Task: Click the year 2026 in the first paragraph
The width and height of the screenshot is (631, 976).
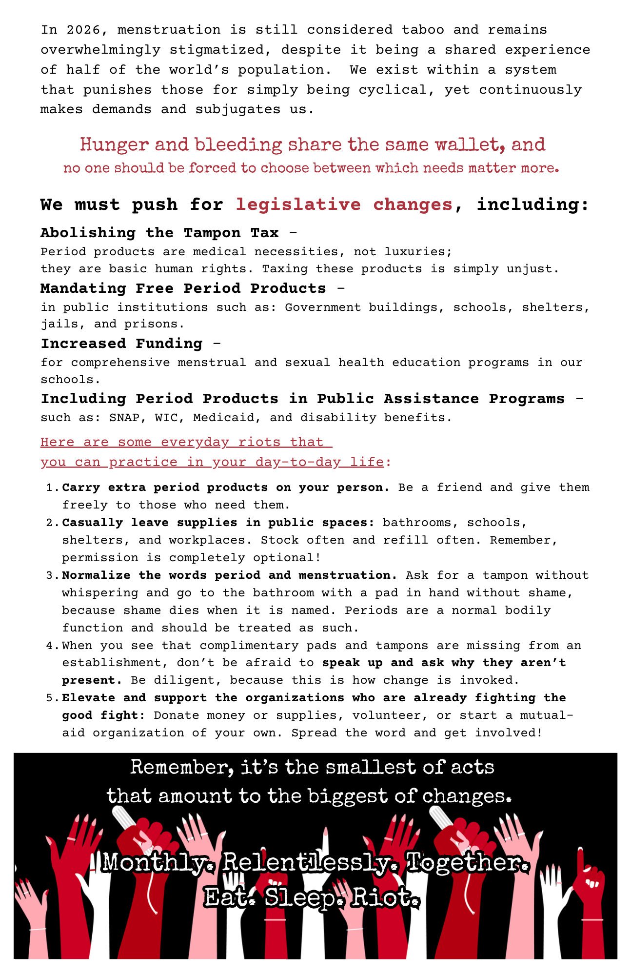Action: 84,30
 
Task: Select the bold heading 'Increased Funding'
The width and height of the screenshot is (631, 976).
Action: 121,344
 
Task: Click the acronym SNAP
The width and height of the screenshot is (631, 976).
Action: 124,418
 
